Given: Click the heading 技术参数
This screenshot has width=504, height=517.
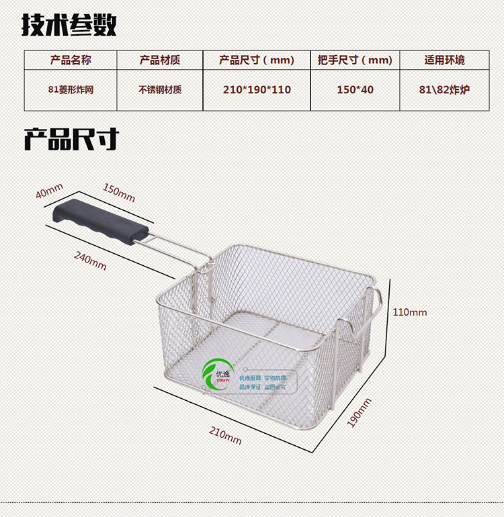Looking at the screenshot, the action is (69, 26).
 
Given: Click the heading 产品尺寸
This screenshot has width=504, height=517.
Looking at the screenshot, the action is (71, 139).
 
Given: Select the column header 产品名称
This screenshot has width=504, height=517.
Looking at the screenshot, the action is (71, 60).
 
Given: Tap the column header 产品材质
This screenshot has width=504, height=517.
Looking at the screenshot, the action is (160, 60).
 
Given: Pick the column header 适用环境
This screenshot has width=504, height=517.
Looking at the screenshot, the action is (445, 60).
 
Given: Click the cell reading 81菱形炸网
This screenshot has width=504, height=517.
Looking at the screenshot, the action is (71, 89).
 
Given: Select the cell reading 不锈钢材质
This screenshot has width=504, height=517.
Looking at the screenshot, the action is (160, 89).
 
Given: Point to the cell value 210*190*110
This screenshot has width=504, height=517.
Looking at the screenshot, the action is (257, 89).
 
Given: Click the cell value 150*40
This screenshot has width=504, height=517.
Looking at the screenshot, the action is (355, 89).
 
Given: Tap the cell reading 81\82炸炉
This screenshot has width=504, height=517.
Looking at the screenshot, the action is (445, 89).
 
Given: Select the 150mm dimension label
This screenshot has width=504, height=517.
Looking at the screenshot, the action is (119, 193).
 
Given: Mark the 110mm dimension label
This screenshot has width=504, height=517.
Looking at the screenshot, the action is (409, 312).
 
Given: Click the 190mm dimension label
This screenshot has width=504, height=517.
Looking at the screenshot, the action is (359, 413).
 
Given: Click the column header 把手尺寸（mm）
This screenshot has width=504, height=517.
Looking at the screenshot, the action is (355, 60).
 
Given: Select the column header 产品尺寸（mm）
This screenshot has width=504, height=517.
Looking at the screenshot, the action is (257, 60).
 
